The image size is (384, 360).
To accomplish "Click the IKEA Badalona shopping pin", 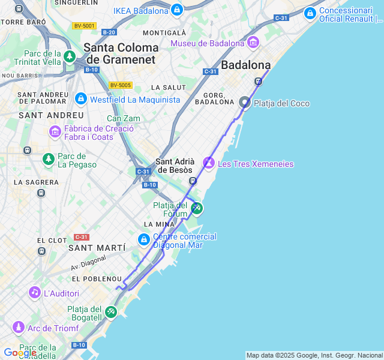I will pyautogui.click(x=176, y=10).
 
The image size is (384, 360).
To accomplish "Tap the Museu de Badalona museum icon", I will pyautogui.click(x=253, y=43).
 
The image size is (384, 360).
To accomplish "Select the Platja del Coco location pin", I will pyautogui.click(x=245, y=103).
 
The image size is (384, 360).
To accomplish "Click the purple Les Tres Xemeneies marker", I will pyautogui.click(x=209, y=163).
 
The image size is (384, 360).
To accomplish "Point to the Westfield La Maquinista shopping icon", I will pyautogui.click(x=80, y=98).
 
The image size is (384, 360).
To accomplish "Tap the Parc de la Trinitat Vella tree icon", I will pyautogui.click(x=70, y=57).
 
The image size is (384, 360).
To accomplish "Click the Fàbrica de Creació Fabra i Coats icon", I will pyautogui.click(x=55, y=131).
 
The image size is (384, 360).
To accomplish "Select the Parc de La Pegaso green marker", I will pyautogui.click(x=48, y=159).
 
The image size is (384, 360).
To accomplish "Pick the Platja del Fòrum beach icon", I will pyautogui.click(x=196, y=208).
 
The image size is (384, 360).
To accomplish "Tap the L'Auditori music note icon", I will pyautogui.click(x=35, y=293).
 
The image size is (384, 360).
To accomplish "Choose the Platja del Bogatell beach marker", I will pyautogui.click(x=111, y=312).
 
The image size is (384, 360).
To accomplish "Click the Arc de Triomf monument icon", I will pyautogui.click(x=18, y=328).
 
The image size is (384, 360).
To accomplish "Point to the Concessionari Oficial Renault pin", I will pyautogui.click(x=310, y=13).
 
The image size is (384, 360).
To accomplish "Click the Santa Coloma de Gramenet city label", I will pyautogui.click(x=121, y=53).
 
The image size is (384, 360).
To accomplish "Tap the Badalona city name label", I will pyautogui.click(x=246, y=65).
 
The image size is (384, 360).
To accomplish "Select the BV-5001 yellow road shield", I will pyautogui.click(x=83, y=26).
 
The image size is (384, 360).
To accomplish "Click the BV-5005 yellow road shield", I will pyautogui.click(x=121, y=86).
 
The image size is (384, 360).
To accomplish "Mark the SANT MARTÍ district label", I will pyautogui.click(x=97, y=248).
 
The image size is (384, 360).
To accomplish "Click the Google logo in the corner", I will pyautogui.click(x=19, y=353).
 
